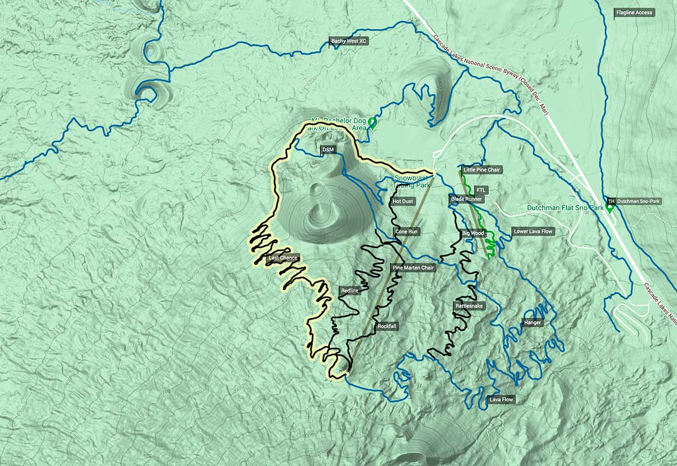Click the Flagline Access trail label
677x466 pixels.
coord(635,12)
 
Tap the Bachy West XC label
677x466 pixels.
coord(349,41)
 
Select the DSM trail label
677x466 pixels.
coord(327,150)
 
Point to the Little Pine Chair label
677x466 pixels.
coord(481,169)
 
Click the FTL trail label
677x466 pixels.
coord(481,190)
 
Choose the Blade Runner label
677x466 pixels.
coord(467,199)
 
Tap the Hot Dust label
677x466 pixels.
coord(403,201)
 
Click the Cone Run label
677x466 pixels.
coord(406,232)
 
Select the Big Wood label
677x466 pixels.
coord(473,233)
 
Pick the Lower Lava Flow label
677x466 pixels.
coord(533,231)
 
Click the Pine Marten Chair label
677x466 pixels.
coord(412,267)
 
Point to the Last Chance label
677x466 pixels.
coord(283,258)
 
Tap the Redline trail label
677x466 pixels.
coord(350,291)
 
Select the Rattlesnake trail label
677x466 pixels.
coord(469,306)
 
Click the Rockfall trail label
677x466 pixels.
coord(387,326)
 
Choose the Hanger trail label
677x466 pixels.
coord(533,323)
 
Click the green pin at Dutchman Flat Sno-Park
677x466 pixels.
coord(609,208)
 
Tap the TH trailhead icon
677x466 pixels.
coord(611,201)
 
